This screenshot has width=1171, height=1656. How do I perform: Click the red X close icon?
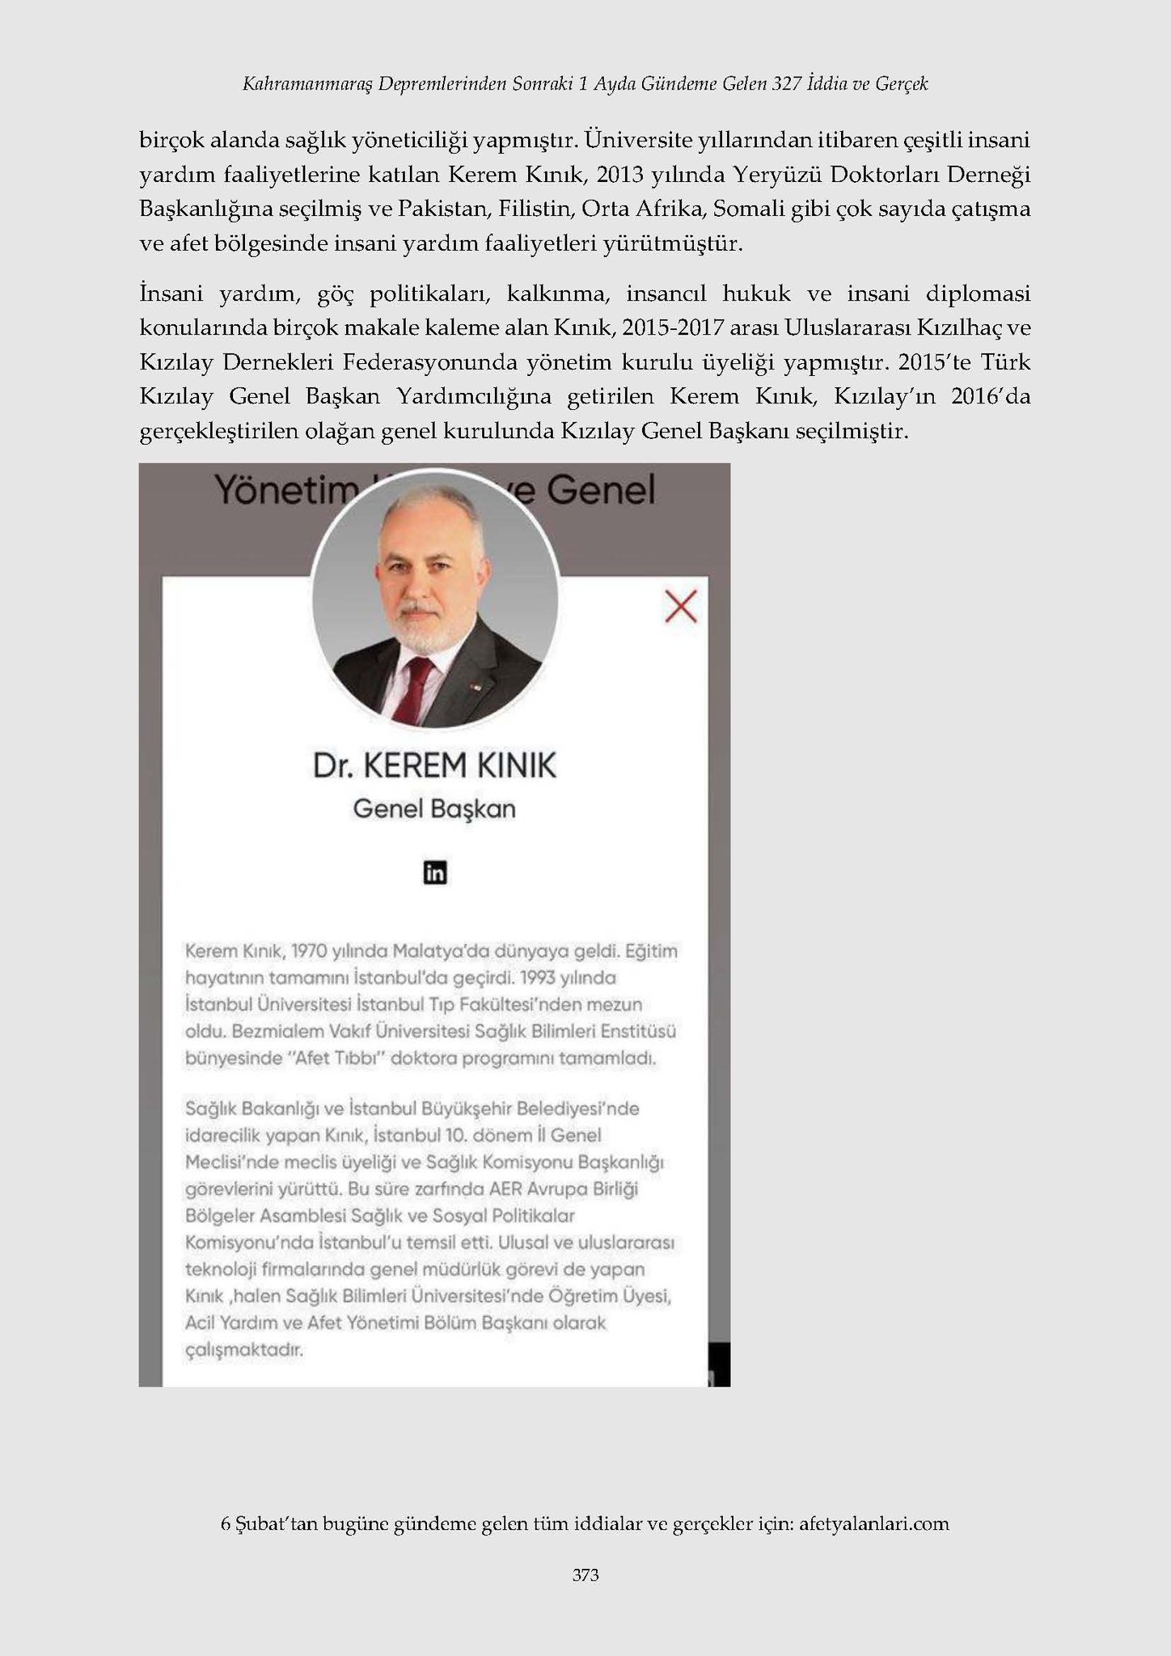click(680, 606)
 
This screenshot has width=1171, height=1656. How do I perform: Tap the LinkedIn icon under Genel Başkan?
click(435, 872)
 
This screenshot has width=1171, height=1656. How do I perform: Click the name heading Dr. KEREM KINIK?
click(435, 766)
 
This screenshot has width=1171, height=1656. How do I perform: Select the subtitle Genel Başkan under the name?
click(435, 809)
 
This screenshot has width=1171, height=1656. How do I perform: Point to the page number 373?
click(585, 1574)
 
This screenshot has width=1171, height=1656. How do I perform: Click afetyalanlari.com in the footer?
click(873, 1523)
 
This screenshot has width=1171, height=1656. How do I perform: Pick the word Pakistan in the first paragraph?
click(442, 209)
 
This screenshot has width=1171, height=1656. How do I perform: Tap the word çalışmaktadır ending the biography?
click(244, 1350)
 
